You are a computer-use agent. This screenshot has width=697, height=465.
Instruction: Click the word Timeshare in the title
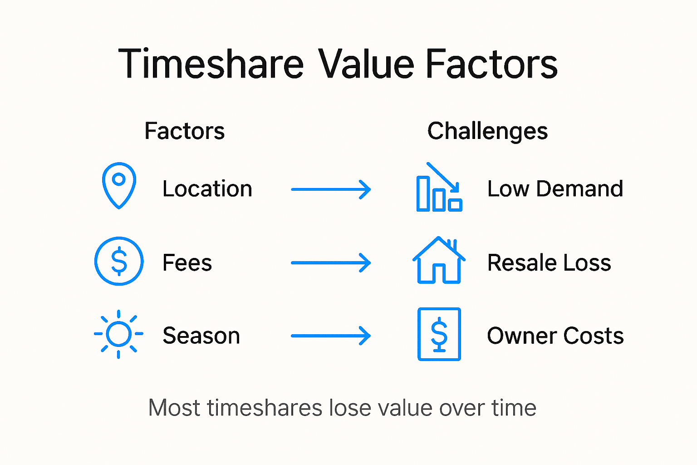click(211, 64)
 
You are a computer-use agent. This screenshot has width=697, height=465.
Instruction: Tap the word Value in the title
click(366, 64)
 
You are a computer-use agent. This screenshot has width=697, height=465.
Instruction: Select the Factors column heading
click(184, 131)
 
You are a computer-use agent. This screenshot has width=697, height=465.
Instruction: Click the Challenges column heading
click(487, 131)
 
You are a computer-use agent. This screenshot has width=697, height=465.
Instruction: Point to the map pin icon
click(119, 185)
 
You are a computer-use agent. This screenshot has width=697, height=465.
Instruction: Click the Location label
click(207, 189)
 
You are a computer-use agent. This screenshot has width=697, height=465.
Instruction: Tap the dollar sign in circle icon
click(119, 261)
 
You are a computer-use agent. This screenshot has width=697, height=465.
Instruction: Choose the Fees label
click(187, 263)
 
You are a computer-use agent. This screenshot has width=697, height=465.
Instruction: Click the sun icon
click(118, 335)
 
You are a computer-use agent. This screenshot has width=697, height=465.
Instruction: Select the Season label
click(201, 336)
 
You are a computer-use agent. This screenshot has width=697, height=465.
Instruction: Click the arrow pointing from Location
click(331, 189)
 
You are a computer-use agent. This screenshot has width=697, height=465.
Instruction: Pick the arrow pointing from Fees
click(331, 263)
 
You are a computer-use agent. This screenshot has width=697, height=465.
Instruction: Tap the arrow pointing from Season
click(331, 336)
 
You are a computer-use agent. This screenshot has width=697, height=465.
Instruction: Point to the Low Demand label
click(555, 189)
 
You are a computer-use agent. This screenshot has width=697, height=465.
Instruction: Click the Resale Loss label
click(549, 263)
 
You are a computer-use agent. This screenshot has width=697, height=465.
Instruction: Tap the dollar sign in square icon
click(439, 334)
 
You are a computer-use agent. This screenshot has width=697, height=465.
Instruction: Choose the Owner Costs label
click(555, 336)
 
